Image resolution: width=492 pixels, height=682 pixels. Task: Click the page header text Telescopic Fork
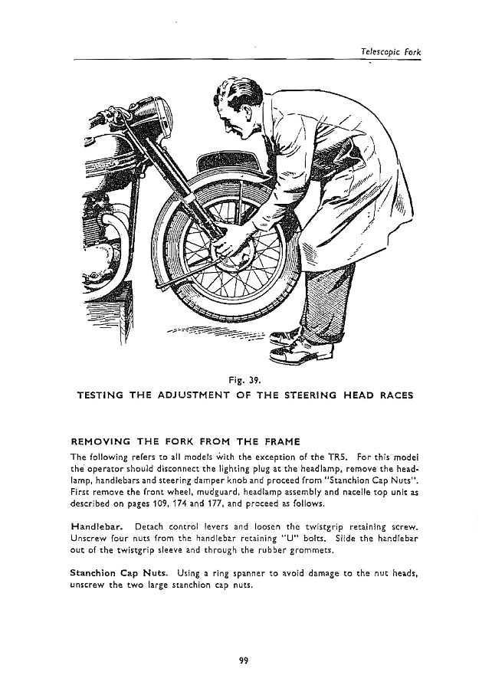click(x=389, y=51)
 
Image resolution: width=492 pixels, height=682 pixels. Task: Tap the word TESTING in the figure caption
click(x=104, y=395)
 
